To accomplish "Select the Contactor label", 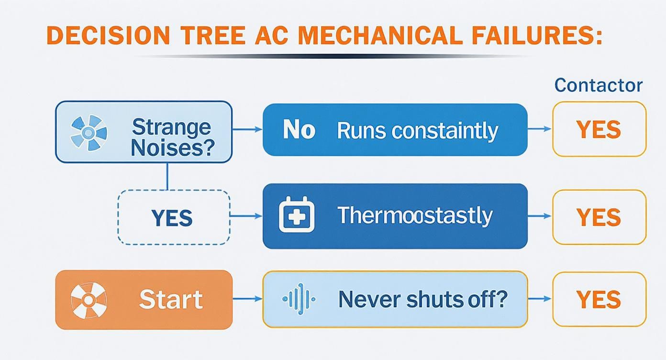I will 599,86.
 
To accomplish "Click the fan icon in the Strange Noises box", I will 89,131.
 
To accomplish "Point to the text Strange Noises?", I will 171,138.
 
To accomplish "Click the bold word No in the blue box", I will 299,130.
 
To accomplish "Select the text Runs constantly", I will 417,131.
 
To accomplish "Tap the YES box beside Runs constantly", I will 599,129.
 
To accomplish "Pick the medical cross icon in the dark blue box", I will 297,215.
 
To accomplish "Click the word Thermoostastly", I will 415,215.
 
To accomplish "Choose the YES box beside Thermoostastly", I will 599,217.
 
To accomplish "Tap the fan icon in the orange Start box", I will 89,300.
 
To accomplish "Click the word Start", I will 171,300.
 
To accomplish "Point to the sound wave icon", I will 299,299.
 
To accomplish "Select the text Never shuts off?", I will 422,300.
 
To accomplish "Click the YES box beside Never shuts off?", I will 599,299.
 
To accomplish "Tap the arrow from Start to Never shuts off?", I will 247,299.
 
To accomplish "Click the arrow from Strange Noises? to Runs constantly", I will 247,130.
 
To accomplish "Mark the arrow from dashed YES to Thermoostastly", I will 246,216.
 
